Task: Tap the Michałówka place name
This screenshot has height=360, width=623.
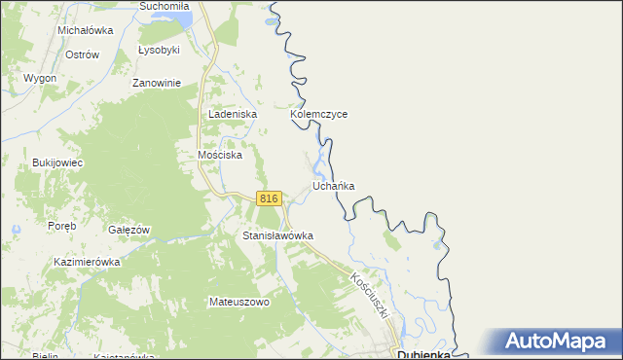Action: (x=86, y=30)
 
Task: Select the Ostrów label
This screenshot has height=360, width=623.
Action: (x=82, y=54)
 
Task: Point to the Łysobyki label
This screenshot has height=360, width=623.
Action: (x=159, y=49)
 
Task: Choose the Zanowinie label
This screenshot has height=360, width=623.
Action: (x=158, y=83)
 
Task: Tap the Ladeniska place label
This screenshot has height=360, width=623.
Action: (x=232, y=114)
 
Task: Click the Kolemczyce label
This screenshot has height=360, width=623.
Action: (x=318, y=114)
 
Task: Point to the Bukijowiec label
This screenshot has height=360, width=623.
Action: (x=57, y=162)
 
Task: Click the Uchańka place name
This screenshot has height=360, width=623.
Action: (x=333, y=185)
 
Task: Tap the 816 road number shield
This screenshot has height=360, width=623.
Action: (x=270, y=198)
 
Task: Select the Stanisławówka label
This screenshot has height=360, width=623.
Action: (x=277, y=236)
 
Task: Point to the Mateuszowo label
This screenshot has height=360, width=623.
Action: (x=238, y=302)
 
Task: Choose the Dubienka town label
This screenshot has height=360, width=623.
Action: (x=423, y=354)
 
